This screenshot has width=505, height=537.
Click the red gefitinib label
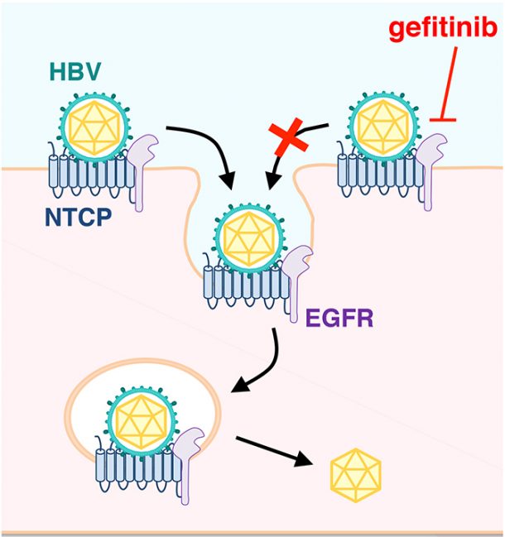coord(443,29)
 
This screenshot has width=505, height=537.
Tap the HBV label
coord(75,71)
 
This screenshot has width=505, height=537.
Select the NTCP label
coord(79,217)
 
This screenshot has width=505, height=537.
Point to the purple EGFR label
coord(339,319)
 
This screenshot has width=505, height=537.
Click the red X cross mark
coord(288,137)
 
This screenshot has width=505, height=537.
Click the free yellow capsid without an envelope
coord(356,475)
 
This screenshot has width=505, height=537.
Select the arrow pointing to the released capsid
coord(274,451)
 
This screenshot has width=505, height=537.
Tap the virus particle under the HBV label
coord(95,127)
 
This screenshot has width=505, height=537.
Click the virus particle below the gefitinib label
coord(383,127)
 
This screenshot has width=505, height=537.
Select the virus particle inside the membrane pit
coord(249,239)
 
